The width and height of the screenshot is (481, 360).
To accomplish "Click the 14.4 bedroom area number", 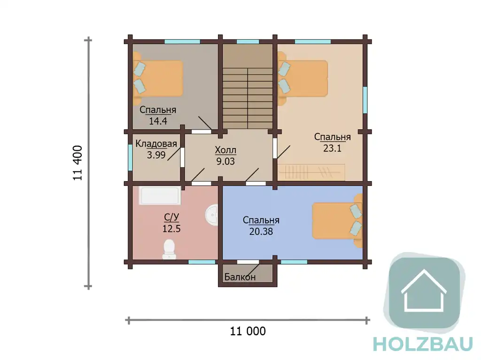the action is (x=158, y=121).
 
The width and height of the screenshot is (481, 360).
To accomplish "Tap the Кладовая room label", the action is (x=156, y=144).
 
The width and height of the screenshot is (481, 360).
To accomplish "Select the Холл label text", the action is (x=225, y=150).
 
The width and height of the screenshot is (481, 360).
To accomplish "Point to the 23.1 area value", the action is (x=332, y=148).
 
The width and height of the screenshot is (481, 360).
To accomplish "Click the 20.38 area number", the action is (x=261, y=231).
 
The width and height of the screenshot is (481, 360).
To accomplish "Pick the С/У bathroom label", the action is (x=171, y=217).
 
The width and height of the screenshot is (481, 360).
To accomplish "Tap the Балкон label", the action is (x=240, y=277).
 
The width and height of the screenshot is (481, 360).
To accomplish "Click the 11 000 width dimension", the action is (x=248, y=331).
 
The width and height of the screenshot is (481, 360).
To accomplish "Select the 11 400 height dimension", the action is (x=78, y=163).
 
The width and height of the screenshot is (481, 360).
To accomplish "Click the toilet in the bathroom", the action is (x=169, y=249).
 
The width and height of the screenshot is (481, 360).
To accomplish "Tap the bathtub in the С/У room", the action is (x=160, y=195).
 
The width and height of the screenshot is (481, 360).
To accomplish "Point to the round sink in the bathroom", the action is (x=212, y=214).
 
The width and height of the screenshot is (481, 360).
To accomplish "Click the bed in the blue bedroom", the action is (x=337, y=221).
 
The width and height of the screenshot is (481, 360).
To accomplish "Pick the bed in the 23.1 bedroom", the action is (x=303, y=78).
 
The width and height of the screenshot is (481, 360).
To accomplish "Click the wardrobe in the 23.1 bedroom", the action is (x=311, y=172).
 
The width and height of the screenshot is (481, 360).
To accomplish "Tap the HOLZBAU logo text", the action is (x=423, y=345).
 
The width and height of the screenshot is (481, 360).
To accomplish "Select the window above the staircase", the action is (x=248, y=42).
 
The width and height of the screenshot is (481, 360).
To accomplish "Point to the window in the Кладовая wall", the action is (x=130, y=158).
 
